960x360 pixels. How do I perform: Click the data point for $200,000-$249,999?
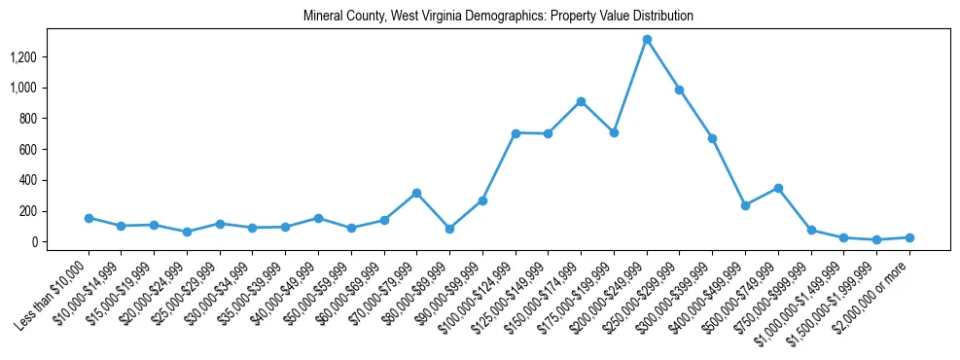click(647, 39)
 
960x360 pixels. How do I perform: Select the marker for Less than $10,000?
click(89, 218)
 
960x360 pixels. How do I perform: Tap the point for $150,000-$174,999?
click(581, 101)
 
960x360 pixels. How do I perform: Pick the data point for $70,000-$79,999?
click(416, 193)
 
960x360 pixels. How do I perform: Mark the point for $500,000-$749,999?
click(778, 188)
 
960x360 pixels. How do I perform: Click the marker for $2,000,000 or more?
click(909, 237)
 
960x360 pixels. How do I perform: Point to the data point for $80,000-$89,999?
click(449, 229)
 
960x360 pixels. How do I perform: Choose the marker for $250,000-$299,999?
click(680, 90)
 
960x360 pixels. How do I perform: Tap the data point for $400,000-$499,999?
click(745, 205)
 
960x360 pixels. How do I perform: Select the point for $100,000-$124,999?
click(516, 133)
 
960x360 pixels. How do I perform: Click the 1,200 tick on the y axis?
click(21, 57)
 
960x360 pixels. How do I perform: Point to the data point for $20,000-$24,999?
click(187, 232)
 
